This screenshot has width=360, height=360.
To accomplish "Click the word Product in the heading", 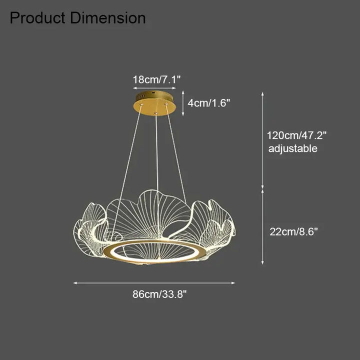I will [37, 18].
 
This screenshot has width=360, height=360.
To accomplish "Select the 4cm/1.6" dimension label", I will [209, 103].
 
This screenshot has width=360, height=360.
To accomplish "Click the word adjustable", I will [293, 148].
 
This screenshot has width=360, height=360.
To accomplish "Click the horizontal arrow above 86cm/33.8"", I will [154, 283].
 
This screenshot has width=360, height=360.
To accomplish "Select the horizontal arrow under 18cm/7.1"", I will [154, 87].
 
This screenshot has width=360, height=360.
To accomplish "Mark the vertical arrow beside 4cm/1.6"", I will [183, 103].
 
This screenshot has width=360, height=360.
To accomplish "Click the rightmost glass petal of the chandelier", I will [220, 222].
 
